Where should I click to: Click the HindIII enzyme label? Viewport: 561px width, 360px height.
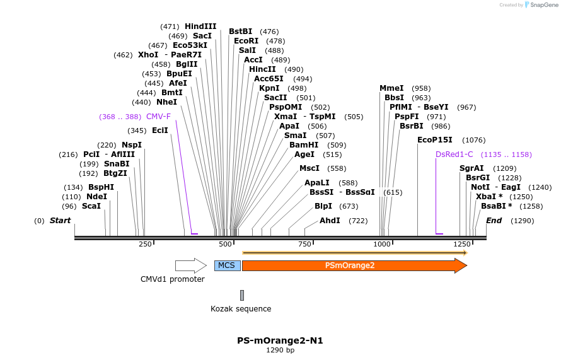tap(200, 26)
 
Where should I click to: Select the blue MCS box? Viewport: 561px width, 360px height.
tap(227, 265)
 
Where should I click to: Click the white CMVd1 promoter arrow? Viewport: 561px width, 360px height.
tap(190, 265)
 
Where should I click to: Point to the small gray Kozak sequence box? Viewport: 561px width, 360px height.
tap(241, 295)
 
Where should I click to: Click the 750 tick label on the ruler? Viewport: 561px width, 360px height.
tap(305, 245)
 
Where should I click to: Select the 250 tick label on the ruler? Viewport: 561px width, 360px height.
tap(145, 245)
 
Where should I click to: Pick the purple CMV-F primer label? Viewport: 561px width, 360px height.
tap(158, 117)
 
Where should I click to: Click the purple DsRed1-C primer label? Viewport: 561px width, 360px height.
tap(454, 154)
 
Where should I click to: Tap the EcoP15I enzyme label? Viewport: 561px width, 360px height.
tap(435, 140)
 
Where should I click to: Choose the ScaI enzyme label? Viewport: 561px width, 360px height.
tap(91, 206)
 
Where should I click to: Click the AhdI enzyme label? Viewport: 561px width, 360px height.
tap(330, 221)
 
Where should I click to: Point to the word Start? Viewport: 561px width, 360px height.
tap(60, 221)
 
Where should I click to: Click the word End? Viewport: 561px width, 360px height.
tap(494, 221)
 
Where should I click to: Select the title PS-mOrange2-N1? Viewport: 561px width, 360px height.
tap(280, 340)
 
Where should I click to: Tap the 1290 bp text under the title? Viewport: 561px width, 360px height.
tap(280, 351)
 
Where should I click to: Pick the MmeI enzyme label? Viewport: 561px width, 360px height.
tap(391, 88)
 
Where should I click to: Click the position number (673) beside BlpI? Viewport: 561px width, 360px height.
tap(349, 207)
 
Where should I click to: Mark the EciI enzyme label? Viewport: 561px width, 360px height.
tap(160, 131)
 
